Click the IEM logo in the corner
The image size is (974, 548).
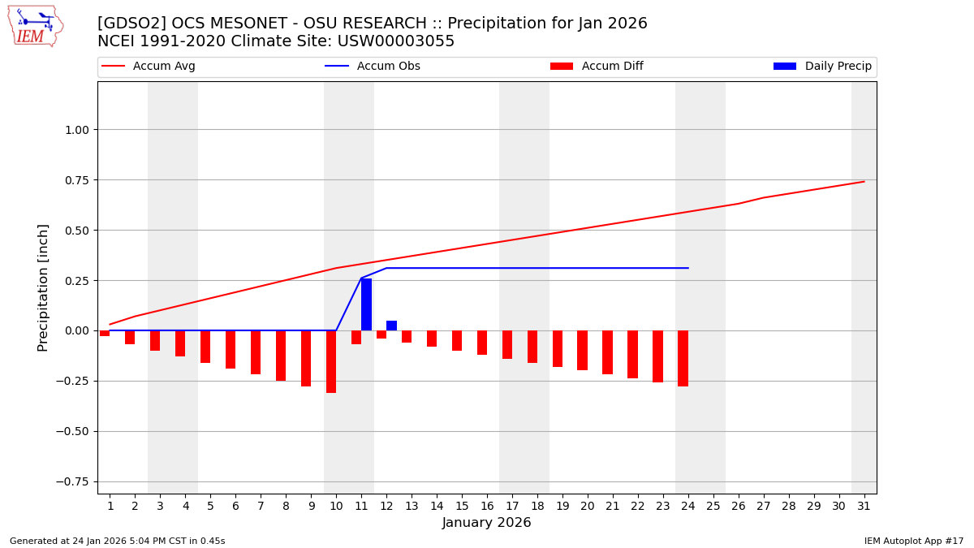tap(35, 26)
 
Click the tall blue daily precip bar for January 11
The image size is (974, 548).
tap(367, 304)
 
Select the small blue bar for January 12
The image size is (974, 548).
tap(391, 326)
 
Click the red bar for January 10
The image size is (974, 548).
tap(331, 361)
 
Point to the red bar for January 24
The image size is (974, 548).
tap(683, 358)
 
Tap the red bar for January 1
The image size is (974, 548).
tap(105, 333)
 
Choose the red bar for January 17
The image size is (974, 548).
tap(507, 344)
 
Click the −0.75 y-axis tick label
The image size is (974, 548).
tap(72, 481)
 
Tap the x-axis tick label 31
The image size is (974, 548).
tap(864, 506)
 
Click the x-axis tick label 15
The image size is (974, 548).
tap(462, 506)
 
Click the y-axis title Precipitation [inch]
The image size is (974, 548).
tap(43, 287)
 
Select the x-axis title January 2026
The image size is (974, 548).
tap(486, 523)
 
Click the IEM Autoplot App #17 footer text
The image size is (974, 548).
tap(914, 541)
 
